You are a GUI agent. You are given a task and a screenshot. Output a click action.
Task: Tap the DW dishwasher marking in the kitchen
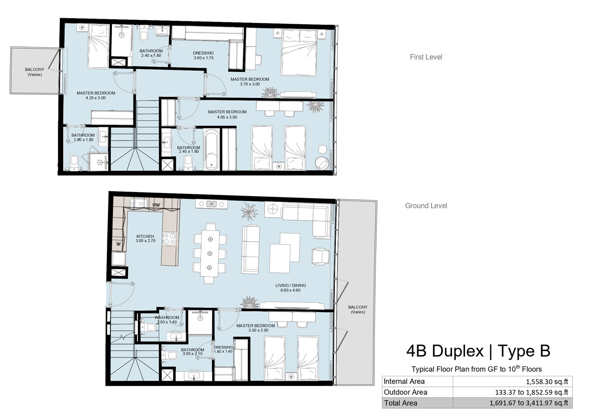pos(156,205)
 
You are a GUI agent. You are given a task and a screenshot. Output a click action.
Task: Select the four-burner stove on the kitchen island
pos(169,239)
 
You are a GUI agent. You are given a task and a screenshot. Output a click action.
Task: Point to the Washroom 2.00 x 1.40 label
pos(167,320)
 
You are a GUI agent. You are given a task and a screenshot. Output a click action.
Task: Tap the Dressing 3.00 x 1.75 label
pos(203,55)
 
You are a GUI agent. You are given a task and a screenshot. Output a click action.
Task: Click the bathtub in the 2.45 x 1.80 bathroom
pos(212,149)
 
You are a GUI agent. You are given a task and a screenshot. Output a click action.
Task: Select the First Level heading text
pos(426,57)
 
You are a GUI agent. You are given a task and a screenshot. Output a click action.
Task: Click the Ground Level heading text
pos(426,206)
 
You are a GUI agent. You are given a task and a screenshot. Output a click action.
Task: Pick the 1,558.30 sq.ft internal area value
pos(547,382)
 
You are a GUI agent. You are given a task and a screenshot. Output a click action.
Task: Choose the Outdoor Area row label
pos(405,392)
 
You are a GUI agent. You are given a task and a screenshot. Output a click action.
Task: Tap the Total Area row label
pos(400,403)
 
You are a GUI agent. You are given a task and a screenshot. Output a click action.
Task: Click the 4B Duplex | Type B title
pos(478,351)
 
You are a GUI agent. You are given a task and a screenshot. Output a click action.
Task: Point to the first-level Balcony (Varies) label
pos(35,72)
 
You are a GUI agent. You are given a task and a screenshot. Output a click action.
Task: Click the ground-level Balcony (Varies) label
pos(358,309)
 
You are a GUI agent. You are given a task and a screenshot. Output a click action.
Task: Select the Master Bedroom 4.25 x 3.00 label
pos(96,95)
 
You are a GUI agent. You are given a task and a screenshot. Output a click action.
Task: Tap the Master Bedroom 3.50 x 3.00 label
pos(255,328)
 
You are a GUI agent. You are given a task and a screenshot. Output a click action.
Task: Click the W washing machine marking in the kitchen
pos(118,244)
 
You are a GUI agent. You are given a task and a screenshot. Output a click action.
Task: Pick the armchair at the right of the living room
pos(321,256)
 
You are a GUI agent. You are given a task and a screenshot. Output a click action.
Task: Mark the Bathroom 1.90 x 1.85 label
pos(83,137)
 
